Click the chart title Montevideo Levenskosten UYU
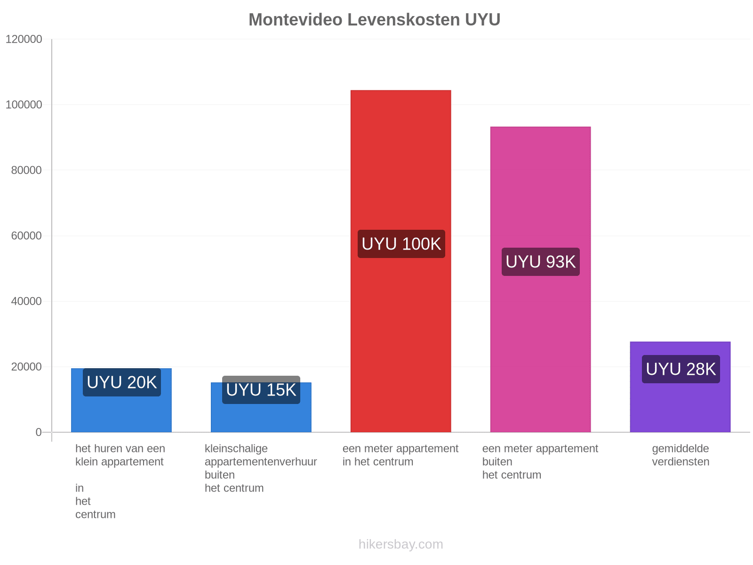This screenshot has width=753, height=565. coord(374,20)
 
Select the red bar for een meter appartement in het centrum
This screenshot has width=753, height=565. coord(401,261)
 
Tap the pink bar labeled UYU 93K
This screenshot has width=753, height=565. coord(540,280)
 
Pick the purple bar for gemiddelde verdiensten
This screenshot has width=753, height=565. coord(680,387)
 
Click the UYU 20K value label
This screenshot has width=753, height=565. coord(122,382)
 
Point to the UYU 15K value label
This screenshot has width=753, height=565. coord(261,390)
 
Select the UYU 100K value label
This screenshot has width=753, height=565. coord(401,244)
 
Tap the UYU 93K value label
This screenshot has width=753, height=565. coord(541,262)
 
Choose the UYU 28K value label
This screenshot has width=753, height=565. coord(681,369)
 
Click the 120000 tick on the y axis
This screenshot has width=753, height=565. coord(24,39)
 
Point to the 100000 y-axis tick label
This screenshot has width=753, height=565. coord(24,105)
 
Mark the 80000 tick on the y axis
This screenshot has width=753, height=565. coord(26,170)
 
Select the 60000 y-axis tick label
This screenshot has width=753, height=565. coord(26,236)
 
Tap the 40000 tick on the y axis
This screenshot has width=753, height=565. coord(26,301)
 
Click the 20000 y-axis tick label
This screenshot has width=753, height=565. coord(26,367)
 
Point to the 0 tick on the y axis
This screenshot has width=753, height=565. coord(39,432)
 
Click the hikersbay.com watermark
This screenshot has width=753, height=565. coord(401,544)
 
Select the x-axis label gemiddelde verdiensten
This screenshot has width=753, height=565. coord(681,455)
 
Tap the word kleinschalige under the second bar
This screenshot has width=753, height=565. coord(236,449)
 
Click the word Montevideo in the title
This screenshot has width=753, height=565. coord(296,20)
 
